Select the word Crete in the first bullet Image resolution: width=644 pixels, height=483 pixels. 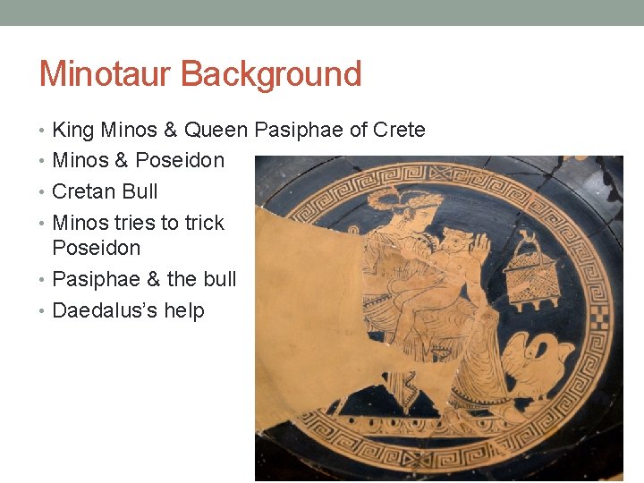click(x=399, y=130)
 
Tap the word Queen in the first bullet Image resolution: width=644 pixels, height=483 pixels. click(x=216, y=130)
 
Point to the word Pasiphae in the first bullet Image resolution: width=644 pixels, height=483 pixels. click(x=299, y=130)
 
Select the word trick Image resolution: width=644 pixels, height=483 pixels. click(x=203, y=222)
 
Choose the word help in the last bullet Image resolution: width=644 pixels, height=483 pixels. click(x=184, y=311)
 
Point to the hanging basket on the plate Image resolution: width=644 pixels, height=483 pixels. click(x=527, y=272)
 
